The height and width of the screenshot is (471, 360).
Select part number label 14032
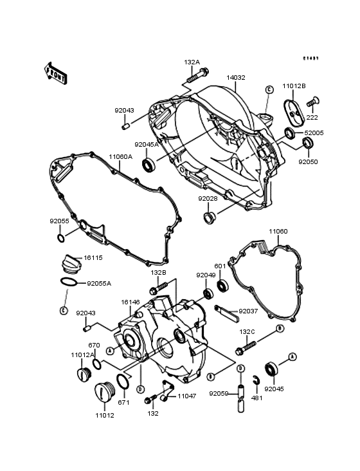coord(235,77)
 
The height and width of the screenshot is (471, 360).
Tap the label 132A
coord(192,62)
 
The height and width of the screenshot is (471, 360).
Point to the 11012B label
coord(294,86)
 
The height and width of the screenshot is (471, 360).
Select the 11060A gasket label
coord(120,156)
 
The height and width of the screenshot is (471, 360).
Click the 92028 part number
coord(207,199)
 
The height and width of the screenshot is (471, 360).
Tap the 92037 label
coord(248,311)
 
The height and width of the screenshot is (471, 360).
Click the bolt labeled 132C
coord(242,351)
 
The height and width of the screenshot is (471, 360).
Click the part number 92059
coord(218,394)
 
